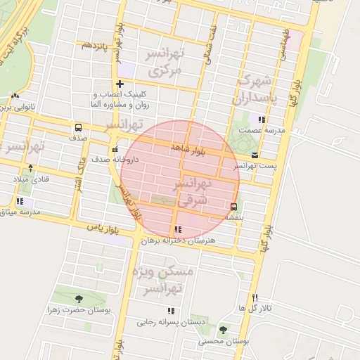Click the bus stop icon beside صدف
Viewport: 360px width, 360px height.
(x=77, y=128)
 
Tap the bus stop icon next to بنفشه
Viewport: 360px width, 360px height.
(x=233, y=206)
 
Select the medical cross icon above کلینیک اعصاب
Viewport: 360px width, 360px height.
(x=120, y=84)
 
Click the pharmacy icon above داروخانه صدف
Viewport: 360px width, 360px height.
(x=115, y=149)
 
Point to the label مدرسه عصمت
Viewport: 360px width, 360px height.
(x=262, y=130)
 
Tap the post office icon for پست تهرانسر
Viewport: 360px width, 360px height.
(x=254, y=155)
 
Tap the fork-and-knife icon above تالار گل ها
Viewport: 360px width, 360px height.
(x=255, y=297)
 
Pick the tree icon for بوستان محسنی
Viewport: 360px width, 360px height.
(x=223, y=330)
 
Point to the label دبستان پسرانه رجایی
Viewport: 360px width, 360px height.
(x=171, y=322)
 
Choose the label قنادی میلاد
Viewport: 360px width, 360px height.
(x=32, y=179)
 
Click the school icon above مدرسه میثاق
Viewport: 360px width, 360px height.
(x=19, y=202)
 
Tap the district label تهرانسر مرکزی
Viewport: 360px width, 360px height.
(x=162, y=62)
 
